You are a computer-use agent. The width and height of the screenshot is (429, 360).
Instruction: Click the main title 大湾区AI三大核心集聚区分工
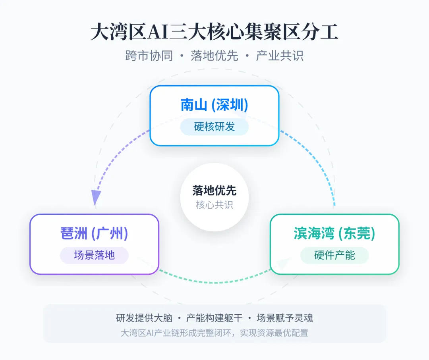pos(214,32)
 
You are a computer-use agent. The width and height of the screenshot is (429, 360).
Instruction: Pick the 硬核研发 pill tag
pos(214,127)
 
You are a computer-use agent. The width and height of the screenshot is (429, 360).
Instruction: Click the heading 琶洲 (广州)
pos(94,233)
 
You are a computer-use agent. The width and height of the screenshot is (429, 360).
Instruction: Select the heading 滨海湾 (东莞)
pos(334,233)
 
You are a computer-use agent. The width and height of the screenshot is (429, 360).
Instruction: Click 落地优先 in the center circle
pos(214,191)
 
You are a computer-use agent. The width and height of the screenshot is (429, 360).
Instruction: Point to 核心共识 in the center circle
pos(214,205)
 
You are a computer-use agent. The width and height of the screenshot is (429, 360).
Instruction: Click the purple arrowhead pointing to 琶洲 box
pos(95,196)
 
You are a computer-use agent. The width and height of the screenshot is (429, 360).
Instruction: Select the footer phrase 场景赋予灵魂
pos(285,318)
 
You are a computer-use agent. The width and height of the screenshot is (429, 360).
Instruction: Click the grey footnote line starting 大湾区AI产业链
pos(214,333)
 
